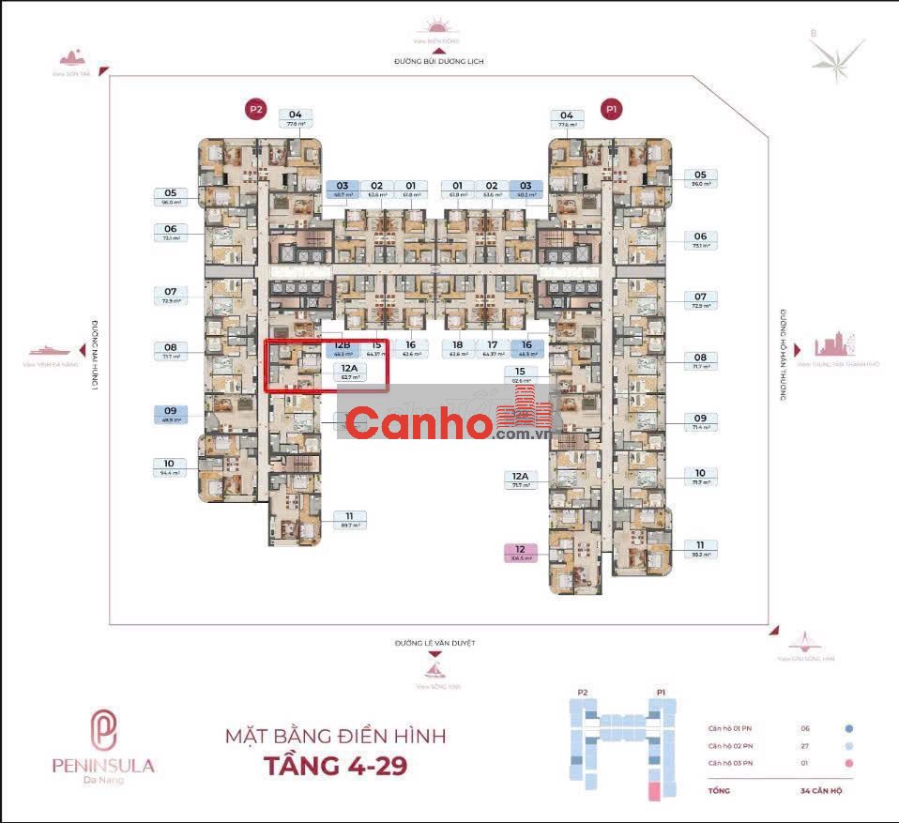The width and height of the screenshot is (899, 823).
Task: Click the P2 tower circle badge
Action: coord(256,110)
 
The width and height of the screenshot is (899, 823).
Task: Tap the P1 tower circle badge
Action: coord(612,110)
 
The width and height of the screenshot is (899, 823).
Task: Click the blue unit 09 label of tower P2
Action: coord(170,414)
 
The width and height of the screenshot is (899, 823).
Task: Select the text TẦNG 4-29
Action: coord(333,765)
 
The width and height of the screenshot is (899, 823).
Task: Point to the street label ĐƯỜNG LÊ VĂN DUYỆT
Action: coord(436,644)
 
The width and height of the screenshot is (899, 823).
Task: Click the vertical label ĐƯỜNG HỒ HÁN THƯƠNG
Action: coord(782,356)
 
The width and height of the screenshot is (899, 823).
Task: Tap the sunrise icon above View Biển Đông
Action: coord(438,26)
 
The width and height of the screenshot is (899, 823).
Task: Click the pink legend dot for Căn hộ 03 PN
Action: coord(848,764)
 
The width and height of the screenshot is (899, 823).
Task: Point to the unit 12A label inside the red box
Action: coord(349,373)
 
